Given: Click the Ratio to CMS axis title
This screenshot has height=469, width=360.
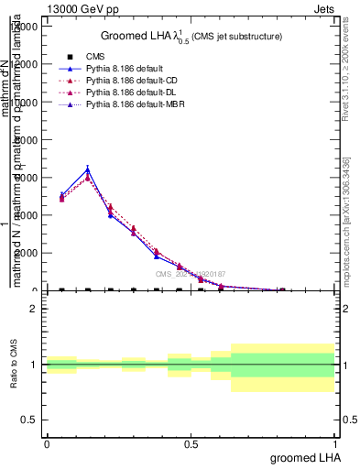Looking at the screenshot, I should click(x=14, y=365).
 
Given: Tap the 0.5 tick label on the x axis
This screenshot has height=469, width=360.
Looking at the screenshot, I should click(x=191, y=442).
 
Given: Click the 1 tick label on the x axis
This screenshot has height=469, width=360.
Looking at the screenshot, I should click(x=336, y=442).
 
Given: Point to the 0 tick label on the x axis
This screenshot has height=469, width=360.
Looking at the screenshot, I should click(x=47, y=442).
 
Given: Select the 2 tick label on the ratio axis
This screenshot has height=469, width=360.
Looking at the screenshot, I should click(x=33, y=309).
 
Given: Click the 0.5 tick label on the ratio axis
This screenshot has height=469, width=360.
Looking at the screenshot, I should click(x=28, y=420).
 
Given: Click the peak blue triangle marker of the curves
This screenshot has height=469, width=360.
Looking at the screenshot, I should click(x=88, y=169).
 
